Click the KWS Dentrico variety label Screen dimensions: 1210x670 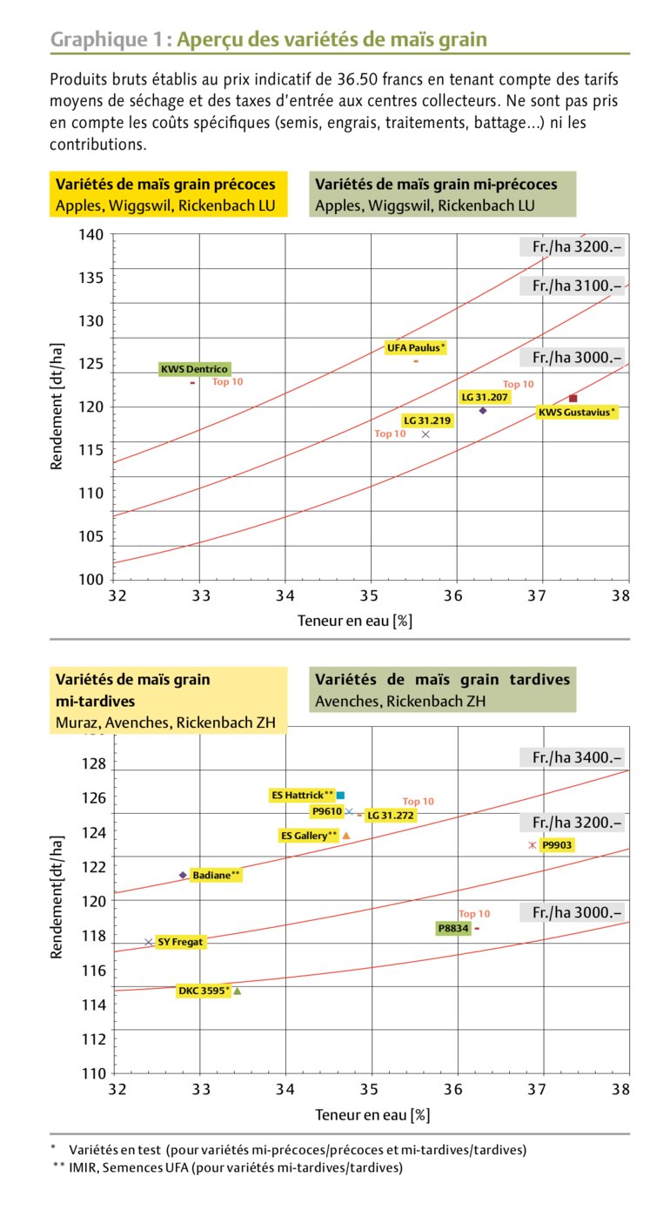195,369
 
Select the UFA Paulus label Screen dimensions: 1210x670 416,347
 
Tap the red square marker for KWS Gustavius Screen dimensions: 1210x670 573,398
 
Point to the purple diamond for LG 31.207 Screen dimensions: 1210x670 483,410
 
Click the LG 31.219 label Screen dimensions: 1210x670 427,420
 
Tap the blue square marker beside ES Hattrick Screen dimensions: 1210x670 341,795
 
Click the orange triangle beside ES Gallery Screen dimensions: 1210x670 346,836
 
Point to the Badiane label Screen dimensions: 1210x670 215,875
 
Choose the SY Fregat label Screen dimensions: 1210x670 181,942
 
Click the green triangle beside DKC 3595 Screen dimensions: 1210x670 237,991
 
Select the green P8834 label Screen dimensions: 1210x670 453,929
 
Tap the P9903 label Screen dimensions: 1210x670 557,844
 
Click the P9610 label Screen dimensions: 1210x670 327,811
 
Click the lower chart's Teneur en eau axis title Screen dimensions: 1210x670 372,1114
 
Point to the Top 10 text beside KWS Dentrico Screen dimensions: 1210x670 228,381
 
